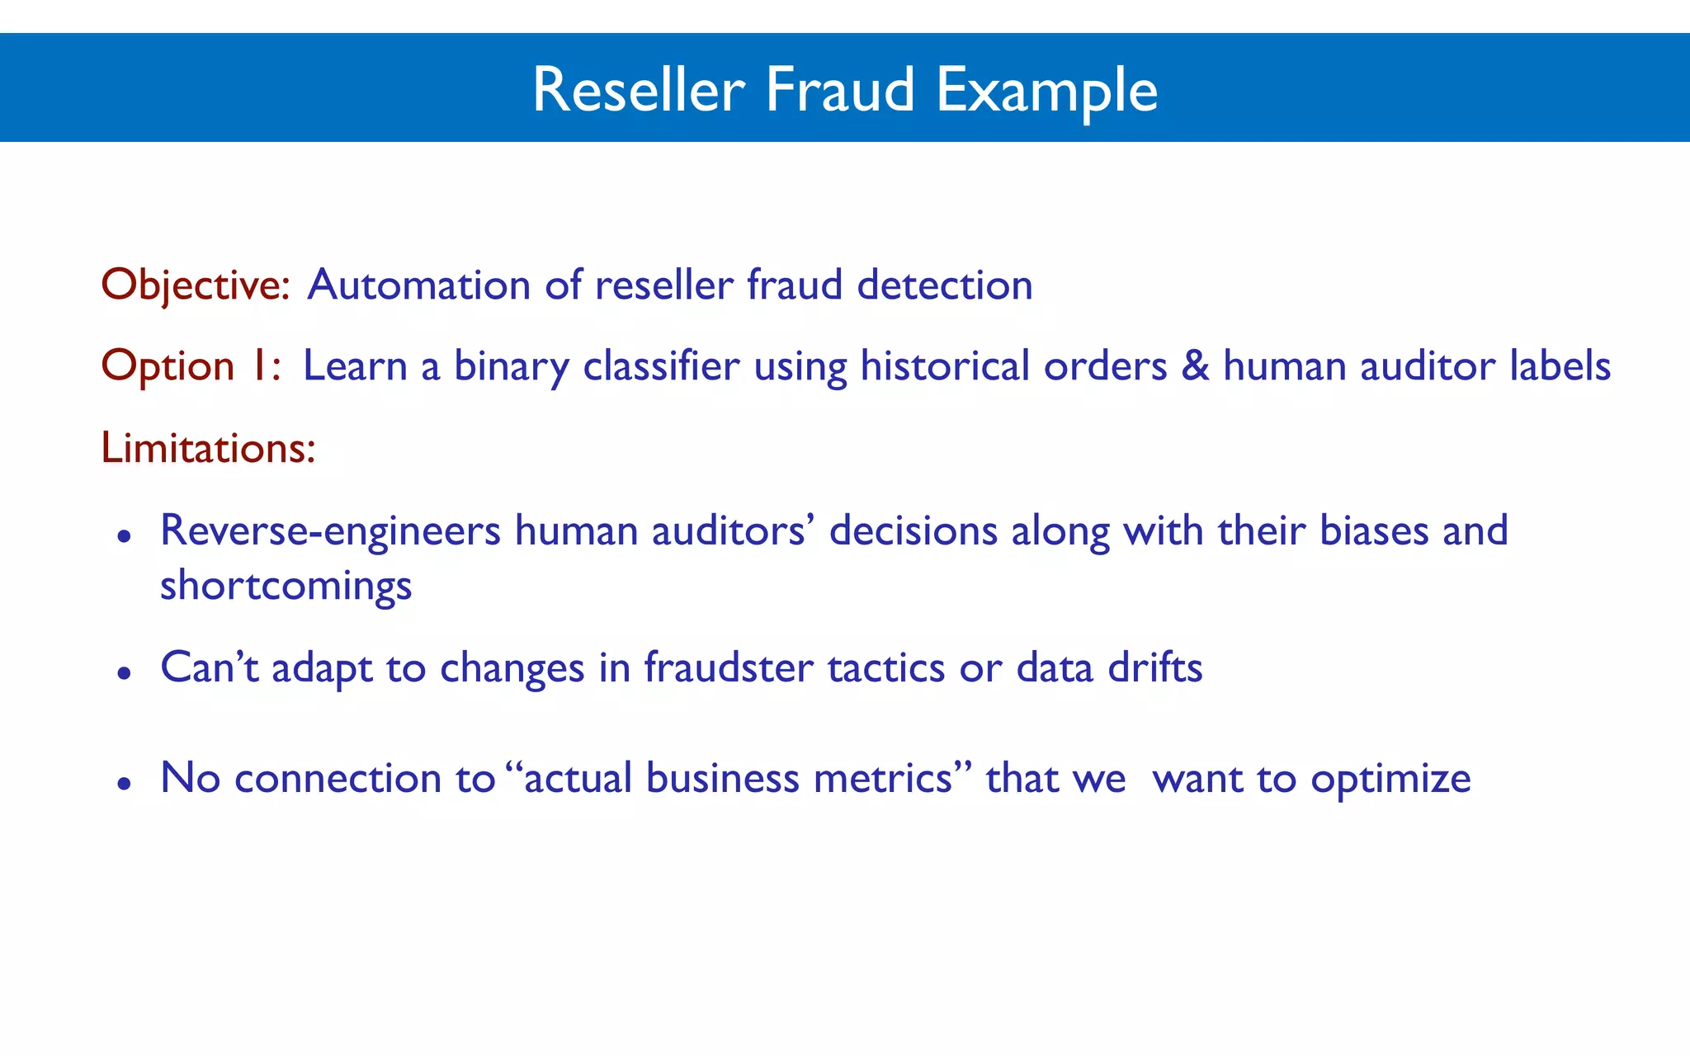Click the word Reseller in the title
tap(639, 89)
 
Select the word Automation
tap(418, 285)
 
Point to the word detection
tap(944, 285)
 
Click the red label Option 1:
tap(191, 365)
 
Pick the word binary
tap(511, 367)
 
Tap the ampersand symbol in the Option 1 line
tap(1195, 365)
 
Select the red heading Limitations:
tap(208, 448)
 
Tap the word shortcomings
tap(286, 587)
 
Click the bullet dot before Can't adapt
tap(125, 673)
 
